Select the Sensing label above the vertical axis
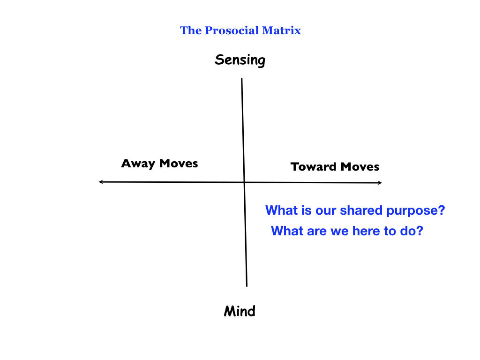tap(240, 60)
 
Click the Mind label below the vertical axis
tap(240, 311)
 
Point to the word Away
tap(138, 164)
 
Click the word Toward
tap(314, 167)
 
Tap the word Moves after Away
tap(178, 164)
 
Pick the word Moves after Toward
tap(360, 167)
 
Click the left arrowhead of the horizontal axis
tap(100, 182)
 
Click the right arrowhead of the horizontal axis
tap(380, 182)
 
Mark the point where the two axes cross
tap(244, 182)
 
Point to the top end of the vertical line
tap(242, 79)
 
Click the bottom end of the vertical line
tap(247, 285)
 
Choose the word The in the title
tap(190, 31)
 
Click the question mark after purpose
tap(441, 210)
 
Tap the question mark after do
tap(419, 231)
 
